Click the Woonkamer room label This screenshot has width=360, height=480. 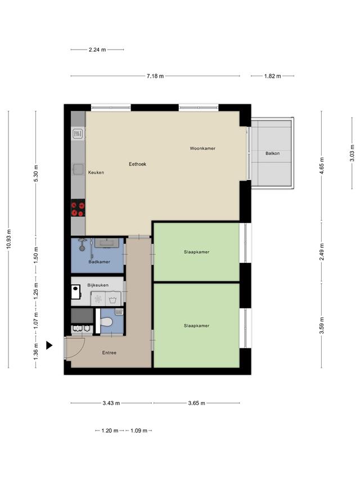[x=202, y=148]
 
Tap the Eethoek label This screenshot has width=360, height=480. [x=137, y=164]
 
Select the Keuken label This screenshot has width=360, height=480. [x=96, y=172]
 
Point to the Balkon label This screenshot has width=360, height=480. [x=272, y=154]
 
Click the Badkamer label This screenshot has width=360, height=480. [x=99, y=262]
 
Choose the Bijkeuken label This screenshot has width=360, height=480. [x=98, y=285]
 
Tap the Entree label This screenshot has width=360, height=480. [x=109, y=353]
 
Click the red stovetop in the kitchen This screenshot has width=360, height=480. [x=78, y=208]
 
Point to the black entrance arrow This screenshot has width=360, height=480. [x=49, y=346]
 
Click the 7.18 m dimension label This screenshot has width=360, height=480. [x=155, y=76]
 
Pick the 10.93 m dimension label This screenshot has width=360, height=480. [x=8, y=239]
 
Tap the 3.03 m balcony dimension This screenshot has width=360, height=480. [x=352, y=153]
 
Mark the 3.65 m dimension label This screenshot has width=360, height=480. [x=196, y=403]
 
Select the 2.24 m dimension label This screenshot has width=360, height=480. [x=97, y=50]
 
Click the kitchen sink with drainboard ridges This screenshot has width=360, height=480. [x=78, y=133]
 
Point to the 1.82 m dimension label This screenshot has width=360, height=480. [x=272, y=76]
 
